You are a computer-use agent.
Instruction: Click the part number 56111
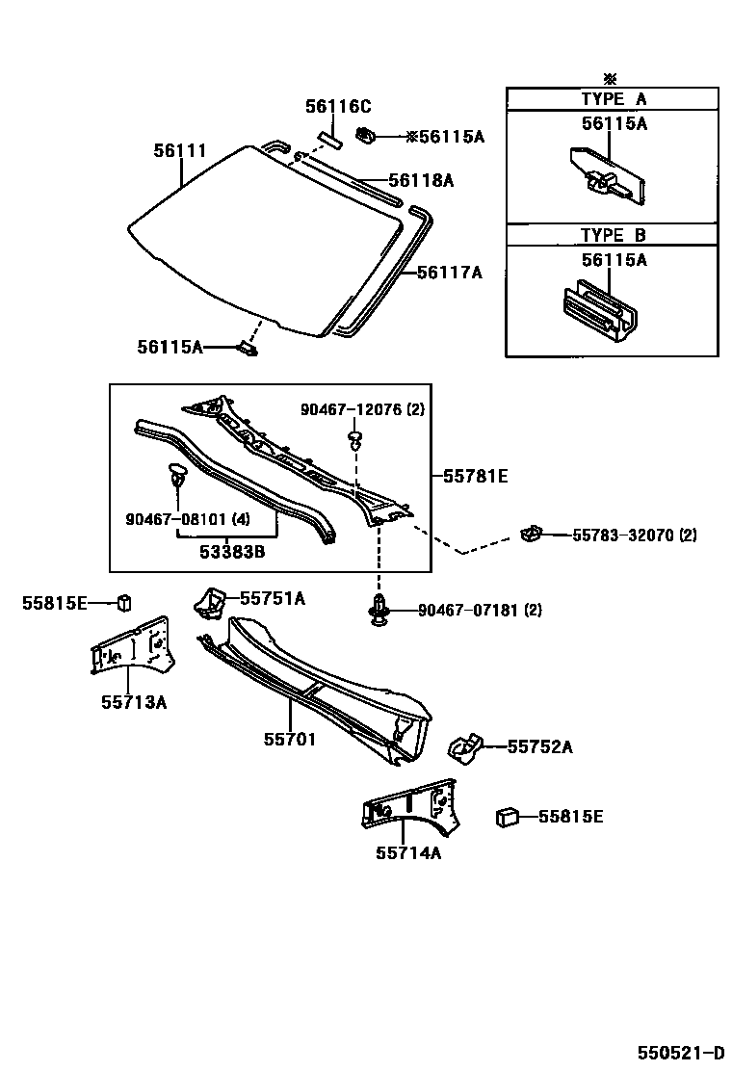point(180,150)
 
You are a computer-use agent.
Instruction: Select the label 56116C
point(338,107)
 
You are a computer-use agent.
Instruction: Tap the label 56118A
point(421,180)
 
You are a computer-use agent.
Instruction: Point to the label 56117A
point(449,273)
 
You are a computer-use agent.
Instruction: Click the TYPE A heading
point(613,99)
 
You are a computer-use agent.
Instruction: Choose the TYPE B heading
point(613,235)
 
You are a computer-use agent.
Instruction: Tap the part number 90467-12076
point(350,409)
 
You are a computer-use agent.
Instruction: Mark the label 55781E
point(475,475)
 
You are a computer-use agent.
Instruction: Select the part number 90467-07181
point(466,610)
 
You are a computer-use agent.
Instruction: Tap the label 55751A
point(273,599)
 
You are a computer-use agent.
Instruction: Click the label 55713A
point(134,702)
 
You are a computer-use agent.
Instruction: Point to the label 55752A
point(539,746)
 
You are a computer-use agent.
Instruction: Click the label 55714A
point(408,851)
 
